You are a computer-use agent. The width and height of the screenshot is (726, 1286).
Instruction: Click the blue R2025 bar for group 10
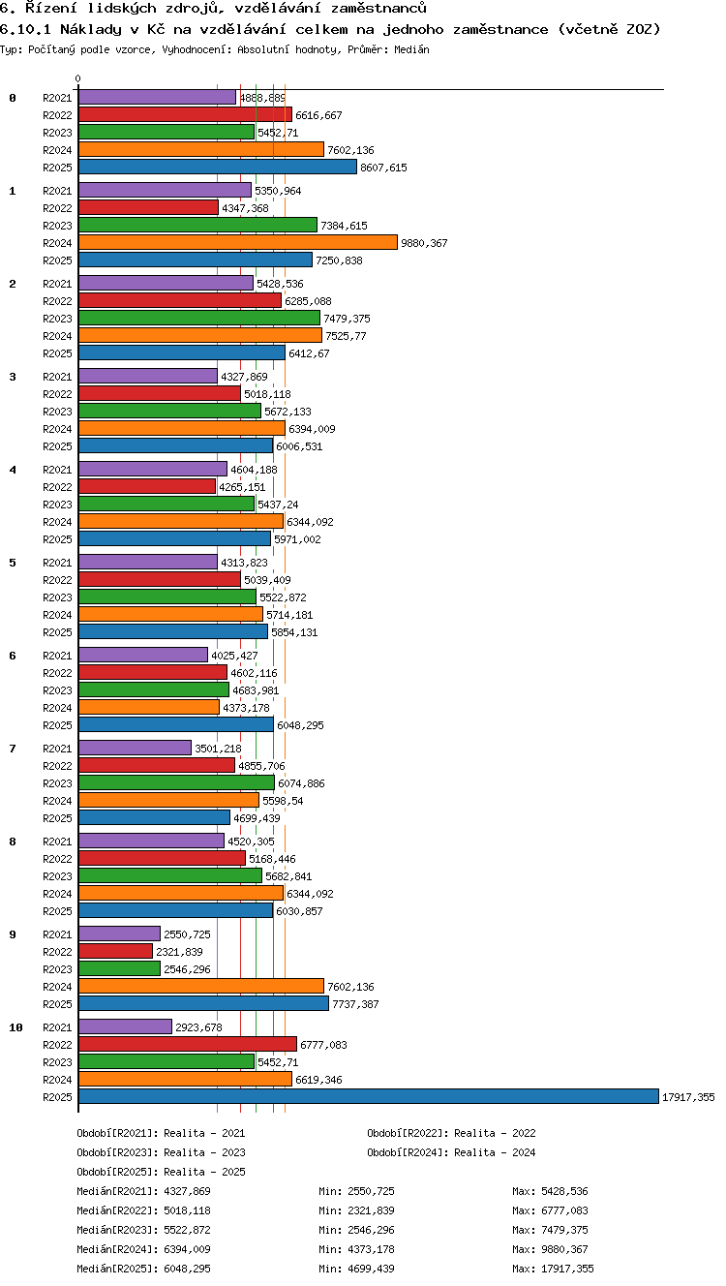click(369, 1096)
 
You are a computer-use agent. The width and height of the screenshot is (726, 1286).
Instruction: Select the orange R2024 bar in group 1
click(237, 242)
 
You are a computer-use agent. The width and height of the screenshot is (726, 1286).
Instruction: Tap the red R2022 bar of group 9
click(115, 951)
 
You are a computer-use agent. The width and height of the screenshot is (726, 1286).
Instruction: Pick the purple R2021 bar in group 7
click(135, 748)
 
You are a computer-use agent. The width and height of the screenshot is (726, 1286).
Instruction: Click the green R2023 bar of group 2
click(199, 318)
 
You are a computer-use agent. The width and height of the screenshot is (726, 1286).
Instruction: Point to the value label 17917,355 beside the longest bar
click(688, 1097)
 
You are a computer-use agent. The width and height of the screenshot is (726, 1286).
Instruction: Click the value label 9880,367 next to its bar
click(424, 243)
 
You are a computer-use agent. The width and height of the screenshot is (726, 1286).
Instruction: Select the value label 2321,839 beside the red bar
click(179, 952)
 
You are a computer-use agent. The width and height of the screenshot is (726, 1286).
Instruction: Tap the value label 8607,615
click(383, 168)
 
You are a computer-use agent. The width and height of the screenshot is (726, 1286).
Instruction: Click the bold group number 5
click(13, 563)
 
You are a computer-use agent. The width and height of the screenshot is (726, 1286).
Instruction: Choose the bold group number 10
click(15, 1027)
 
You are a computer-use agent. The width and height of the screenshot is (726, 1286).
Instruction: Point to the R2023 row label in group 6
click(57, 690)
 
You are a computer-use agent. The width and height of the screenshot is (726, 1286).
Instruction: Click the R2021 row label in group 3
click(57, 377)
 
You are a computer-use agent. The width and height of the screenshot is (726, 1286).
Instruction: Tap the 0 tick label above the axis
click(78, 78)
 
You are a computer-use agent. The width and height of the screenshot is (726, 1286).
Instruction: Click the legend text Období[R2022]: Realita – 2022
click(451, 1133)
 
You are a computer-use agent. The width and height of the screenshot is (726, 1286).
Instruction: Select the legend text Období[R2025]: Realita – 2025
click(161, 1172)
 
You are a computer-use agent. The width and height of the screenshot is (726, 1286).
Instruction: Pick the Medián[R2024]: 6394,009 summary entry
click(143, 1248)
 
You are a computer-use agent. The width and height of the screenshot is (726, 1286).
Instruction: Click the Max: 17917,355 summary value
click(553, 1269)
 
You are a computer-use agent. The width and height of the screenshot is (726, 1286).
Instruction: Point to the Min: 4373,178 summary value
click(356, 1248)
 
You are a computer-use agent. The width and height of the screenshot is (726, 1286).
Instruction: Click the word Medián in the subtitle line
click(411, 49)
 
